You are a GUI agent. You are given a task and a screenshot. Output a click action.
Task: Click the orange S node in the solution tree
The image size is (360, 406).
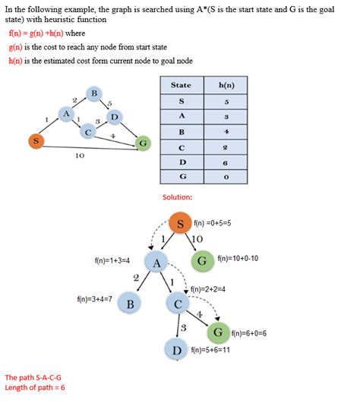pos(179,224)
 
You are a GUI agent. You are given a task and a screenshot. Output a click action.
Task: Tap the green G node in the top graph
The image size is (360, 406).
pos(142,143)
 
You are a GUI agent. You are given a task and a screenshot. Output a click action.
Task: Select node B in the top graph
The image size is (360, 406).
pos(94,93)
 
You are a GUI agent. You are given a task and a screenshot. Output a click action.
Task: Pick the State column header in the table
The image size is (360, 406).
pos(181,85)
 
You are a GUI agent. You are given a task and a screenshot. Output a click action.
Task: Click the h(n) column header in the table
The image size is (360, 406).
pos(225,85)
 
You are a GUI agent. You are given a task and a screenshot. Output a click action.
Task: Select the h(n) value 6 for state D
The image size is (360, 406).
pos(225,162)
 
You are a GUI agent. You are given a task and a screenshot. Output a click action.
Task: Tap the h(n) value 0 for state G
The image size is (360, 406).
pos(225,178)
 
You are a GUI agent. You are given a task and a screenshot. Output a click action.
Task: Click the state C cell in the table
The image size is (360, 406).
pos(181,147)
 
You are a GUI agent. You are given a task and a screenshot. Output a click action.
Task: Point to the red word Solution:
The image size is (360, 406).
pos(177,197)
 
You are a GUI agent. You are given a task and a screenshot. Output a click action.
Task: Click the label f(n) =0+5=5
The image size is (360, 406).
pos(216,224)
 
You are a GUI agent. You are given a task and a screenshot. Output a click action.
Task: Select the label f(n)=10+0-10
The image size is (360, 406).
pos(238,259)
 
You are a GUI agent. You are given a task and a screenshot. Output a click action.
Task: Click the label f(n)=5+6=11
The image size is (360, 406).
pos(210,351)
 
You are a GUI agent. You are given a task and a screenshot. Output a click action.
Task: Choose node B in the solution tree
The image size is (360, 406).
pos(130,304)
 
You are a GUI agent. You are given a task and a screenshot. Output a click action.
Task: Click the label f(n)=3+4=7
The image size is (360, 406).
pos(94,299)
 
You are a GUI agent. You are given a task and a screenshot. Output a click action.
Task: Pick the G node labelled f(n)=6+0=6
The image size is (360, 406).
pos(217,332)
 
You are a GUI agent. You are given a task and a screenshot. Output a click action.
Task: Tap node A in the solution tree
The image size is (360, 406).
pos(156,263)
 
